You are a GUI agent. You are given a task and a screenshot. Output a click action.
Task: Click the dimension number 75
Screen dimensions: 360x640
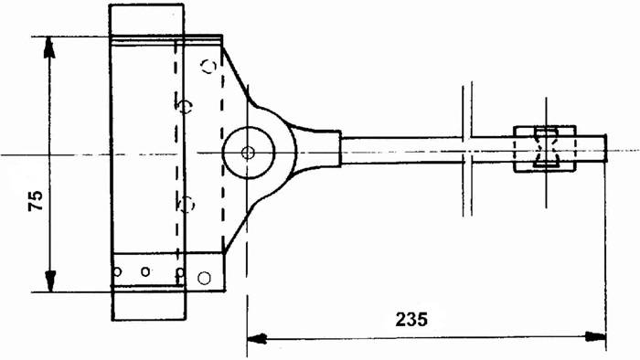(35, 201)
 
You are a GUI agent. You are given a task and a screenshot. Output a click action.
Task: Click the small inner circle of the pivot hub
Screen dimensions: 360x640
(248, 151)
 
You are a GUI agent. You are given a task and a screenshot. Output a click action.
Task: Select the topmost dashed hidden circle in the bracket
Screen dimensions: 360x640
(209, 65)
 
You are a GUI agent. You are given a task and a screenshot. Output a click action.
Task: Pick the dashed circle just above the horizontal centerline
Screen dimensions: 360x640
(186, 107)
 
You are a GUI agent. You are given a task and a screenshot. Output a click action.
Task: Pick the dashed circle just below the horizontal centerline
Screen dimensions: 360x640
(186, 203)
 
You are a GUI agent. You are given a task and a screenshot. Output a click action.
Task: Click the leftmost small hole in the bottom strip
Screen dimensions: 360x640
(117, 271)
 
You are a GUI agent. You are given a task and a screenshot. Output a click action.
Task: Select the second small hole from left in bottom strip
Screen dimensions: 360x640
(145, 271)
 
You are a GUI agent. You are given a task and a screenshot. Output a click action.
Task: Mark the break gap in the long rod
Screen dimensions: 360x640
(467, 150)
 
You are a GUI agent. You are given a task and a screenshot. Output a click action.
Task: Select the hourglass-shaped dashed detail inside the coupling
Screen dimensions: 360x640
(546, 148)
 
